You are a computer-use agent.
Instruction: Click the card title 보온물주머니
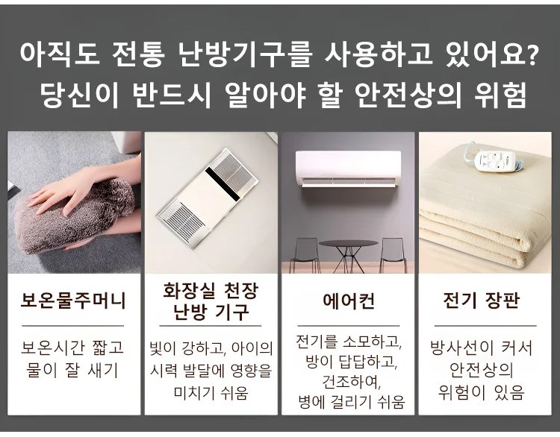coord(73,300)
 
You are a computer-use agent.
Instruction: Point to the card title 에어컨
coord(349,301)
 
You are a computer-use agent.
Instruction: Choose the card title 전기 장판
coord(481,301)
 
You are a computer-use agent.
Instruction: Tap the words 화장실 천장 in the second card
coord(211,290)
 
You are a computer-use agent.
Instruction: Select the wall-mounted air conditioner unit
coord(348,169)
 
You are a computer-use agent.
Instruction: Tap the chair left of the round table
coord(305,255)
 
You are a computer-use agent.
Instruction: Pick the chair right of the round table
coord(393,255)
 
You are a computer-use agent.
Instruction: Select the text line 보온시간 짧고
coord(72,347)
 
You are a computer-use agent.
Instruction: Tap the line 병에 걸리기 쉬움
coord(352,402)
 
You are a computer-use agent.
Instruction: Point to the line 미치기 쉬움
coord(211,393)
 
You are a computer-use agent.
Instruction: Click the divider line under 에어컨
coord(348,326)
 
